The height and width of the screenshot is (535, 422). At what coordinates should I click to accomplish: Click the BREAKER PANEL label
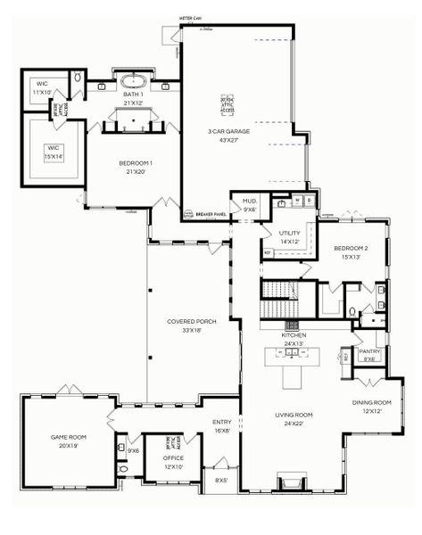click(x=211, y=215)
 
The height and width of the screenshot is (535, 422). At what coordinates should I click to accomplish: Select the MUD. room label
click(x=249, y=205)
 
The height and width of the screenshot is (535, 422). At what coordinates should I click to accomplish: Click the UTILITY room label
click(x=290, y=236)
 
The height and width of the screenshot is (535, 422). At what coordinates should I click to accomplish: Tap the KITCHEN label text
click(x=294, y=339)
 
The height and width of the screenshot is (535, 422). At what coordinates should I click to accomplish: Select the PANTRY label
click(x=368, y=355)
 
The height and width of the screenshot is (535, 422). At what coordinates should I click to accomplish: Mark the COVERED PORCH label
click(x=189, y=325)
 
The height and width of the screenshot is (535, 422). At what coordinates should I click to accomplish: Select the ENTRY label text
click(x=221, y=426)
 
